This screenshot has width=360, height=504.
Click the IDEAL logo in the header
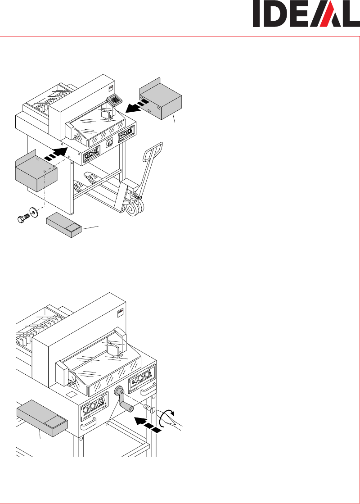coord(306,14)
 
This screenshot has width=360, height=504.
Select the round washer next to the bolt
coord(34,212)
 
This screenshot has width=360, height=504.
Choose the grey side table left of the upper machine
coord(36,171)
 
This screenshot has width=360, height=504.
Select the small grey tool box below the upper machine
coord(64,225)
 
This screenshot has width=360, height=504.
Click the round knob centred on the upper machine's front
coord(110,142)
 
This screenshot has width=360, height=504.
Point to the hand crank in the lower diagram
coord(123,400)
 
